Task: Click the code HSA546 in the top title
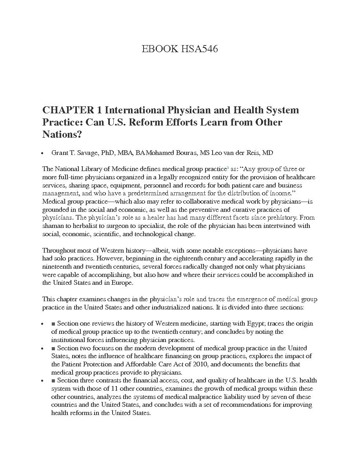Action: coord(199,49)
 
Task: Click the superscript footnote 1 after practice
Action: coord(228,167)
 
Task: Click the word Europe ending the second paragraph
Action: coord(123,283)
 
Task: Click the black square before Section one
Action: coord(53,324)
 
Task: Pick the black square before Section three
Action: coord(53,380)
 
